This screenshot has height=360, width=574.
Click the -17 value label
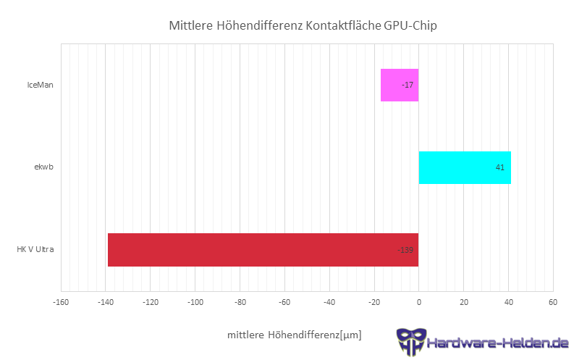(x=408, y=85)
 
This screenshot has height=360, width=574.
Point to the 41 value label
(x=499, y=168)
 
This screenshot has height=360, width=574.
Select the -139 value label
(x=405, y=251)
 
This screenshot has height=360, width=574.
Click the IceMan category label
(x=40, y=85)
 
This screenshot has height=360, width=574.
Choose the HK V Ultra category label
(x=35, y=250)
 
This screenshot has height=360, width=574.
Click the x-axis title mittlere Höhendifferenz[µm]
(x=294, y=335)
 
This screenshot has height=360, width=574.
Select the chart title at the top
(x=303, y=26)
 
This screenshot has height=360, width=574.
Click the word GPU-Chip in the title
(x=410, y=26)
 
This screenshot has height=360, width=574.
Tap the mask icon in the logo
(x=409, y=342)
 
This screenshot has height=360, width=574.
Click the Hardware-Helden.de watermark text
(x=497, y=342)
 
